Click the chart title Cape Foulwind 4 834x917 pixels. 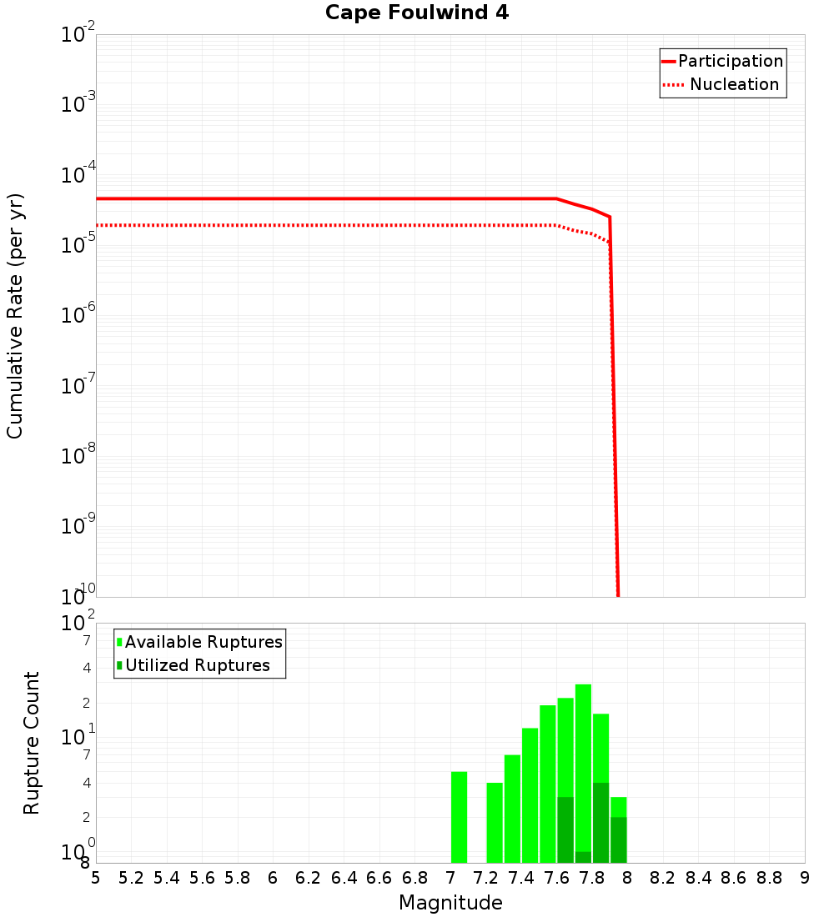point(416,13)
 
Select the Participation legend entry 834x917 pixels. point(731,62)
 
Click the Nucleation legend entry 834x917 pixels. point(734,85)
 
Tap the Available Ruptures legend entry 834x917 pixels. point(203,642)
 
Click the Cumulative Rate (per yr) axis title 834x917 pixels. point(15,316)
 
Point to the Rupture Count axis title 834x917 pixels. point(32,743)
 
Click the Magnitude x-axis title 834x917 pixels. point(450,903)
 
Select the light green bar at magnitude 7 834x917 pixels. point(459,817)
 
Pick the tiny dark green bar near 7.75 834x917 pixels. point(583,857)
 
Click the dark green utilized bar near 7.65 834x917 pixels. point(565,829)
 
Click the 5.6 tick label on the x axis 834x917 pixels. point(202,878)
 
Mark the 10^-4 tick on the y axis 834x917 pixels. point(79,175)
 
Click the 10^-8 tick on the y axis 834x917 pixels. point(79,456)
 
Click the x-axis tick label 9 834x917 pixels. point(804,878)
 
